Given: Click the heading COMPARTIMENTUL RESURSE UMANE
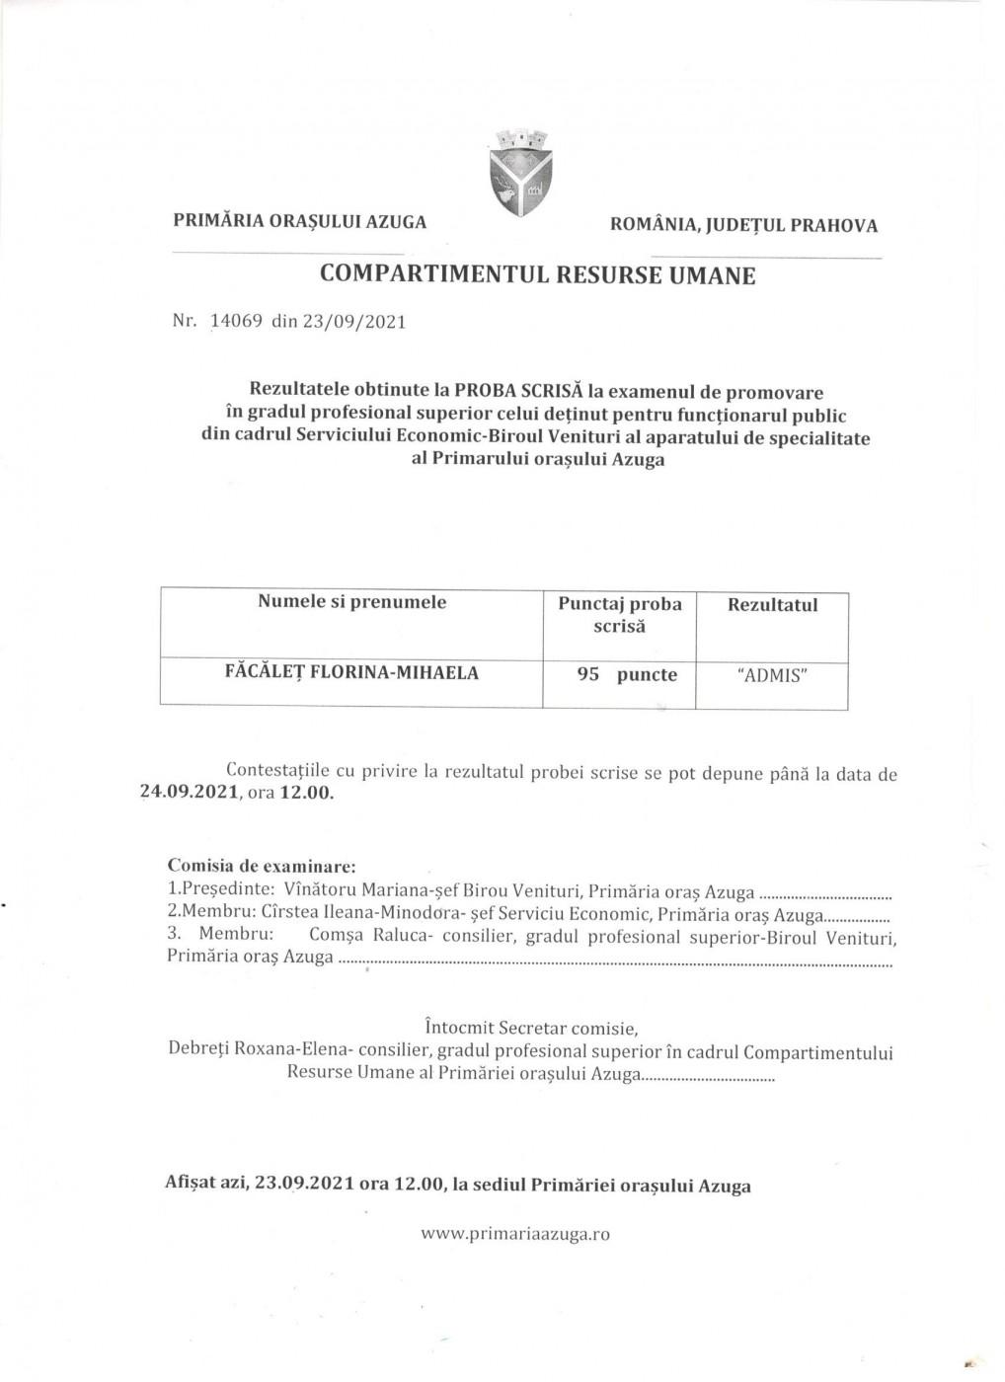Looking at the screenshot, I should coord(538,275).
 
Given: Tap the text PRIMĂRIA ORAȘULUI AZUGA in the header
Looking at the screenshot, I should coord(300,222).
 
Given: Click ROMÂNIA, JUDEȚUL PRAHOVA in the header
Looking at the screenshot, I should coord(744,225).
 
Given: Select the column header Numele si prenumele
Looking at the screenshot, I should coord(351,602).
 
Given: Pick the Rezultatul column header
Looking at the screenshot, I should coord(772,605).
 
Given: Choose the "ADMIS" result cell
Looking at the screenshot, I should coord(772,676).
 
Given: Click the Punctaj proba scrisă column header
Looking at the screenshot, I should coord(620,615).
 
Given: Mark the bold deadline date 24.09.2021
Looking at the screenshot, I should coord(190,793).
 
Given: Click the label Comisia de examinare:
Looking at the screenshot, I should coord(262,866).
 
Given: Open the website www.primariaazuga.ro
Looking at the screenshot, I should coord(515,1234).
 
